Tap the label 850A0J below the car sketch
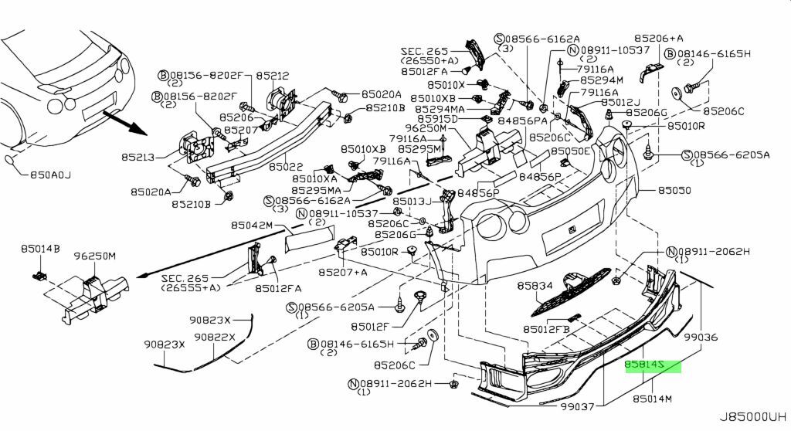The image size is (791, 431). [x=46, y=175]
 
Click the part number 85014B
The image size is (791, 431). [x=40, y=249]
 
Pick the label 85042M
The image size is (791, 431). [x=252, y=226]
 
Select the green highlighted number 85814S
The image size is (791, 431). [x=653, y=365]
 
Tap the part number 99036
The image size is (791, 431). [x=701, y=338]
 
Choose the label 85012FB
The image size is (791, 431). [x=545, y=329]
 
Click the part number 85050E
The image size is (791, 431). [x=569, y=151]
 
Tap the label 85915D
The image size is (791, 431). [x=440, y=120]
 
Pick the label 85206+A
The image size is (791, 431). [x=660, y=38]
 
